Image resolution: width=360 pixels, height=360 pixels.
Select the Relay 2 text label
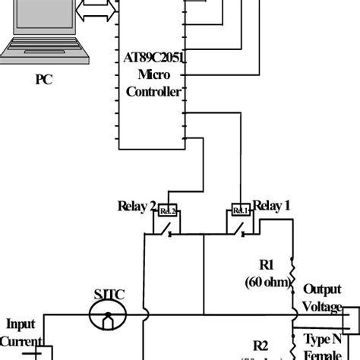137,206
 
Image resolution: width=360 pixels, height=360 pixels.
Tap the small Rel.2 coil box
168,210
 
